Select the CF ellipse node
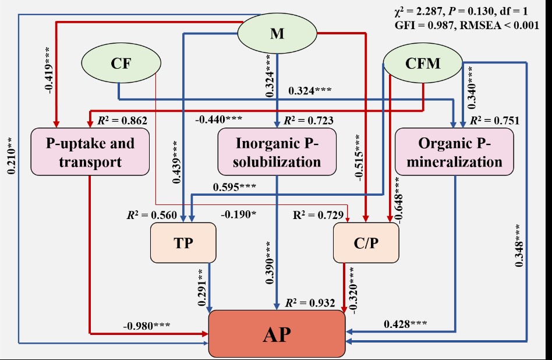(118, 63)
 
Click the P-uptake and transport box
(90, 152)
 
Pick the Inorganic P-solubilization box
(277, 152)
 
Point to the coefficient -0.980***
(146, 324)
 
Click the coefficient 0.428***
(405, 324)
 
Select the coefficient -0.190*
(238, 214)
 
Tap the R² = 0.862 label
(122, 121)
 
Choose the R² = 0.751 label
(494, 121)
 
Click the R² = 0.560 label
(151, 215)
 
